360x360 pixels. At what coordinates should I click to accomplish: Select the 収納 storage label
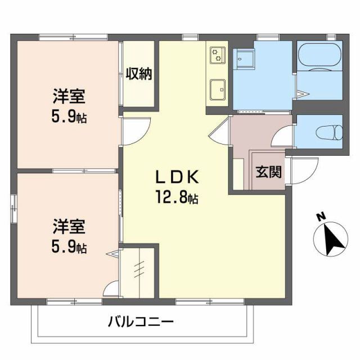click(x=139, y=73)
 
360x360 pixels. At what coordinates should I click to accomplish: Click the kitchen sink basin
click(x=217, y=89)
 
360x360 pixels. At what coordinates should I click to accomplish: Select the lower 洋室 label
click(x=69, y=227)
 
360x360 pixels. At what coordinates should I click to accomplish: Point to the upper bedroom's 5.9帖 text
click(x=69, y=118)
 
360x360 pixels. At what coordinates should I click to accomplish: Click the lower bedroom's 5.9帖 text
click(x=69, y=247)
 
